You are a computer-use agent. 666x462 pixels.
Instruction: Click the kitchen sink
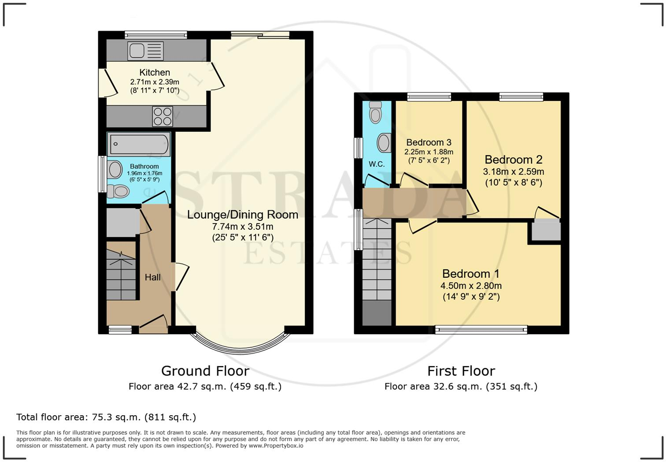click(x=145, y=51)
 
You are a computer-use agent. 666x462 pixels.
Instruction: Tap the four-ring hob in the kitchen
click(x=162, y=116)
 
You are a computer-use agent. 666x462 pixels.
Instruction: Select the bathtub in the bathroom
click(x=139, y=144)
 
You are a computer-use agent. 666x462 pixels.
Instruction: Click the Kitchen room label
click(x=155, y=72)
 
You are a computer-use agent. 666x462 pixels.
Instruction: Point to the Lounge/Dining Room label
click(x=243, y=215)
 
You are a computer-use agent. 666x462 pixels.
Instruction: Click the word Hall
click(x=153, y=277)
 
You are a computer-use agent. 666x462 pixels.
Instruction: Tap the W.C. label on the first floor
click(x=377, y=164)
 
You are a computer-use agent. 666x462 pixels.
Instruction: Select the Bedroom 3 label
click(x=429, y=142)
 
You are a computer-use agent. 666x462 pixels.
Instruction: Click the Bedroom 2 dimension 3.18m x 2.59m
click(x=514, y=171)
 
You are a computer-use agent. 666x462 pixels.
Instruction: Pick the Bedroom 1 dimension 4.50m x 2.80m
click(x=471, y=286)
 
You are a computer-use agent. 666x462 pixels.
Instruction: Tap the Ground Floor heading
click(x=205, y=371)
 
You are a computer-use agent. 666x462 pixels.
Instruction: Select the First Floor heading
click(x=461, y=371)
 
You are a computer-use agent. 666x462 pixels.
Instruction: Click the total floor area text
click(x=106, y=417)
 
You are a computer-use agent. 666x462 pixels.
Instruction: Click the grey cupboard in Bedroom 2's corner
click(x=546, y=231)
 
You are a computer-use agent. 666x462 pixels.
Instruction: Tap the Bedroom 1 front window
click(x=481, y=329)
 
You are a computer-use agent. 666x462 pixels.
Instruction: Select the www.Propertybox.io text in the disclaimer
click(x=276, y=446)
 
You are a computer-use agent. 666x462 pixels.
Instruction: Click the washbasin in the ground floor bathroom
click(x=115, y=169)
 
